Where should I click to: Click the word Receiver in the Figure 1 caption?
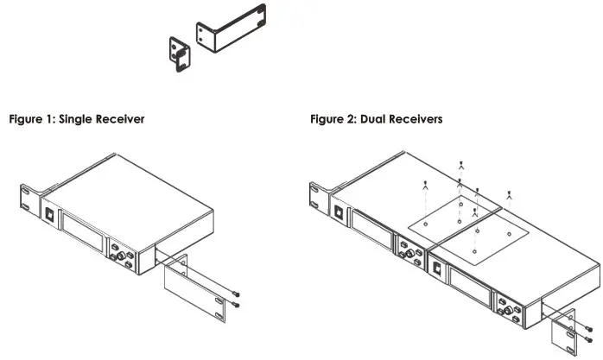pyautogui.click(x=119, y=119)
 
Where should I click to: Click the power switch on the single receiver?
pyautogui.click(x=49, y=212)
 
